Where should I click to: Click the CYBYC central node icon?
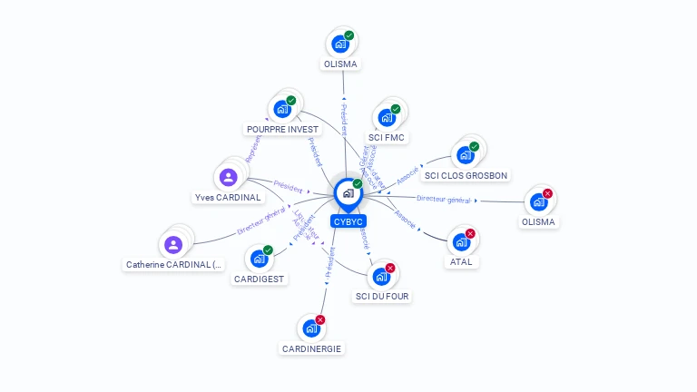point(348,193)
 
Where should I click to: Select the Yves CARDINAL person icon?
point(228,177)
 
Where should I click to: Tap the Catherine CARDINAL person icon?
point(173,244)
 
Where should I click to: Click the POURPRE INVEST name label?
point(282,129)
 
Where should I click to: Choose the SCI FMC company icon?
point(387,118)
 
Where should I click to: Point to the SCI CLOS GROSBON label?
point(466,175)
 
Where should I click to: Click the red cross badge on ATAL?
point(470,234)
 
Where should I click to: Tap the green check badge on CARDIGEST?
point(268,250)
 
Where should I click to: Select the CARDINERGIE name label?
point(311,348)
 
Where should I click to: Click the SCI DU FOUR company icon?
point(380,276)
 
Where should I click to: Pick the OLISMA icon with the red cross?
point(539,201)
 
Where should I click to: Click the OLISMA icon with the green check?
point(340,44)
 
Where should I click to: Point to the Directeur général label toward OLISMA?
point(444,199)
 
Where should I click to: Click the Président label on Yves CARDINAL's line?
point(288,184)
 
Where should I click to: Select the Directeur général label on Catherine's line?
point(261,221)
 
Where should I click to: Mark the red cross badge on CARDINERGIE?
point(319,319)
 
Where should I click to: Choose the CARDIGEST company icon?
point(259,259)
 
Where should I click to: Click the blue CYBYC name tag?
point(348,220)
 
